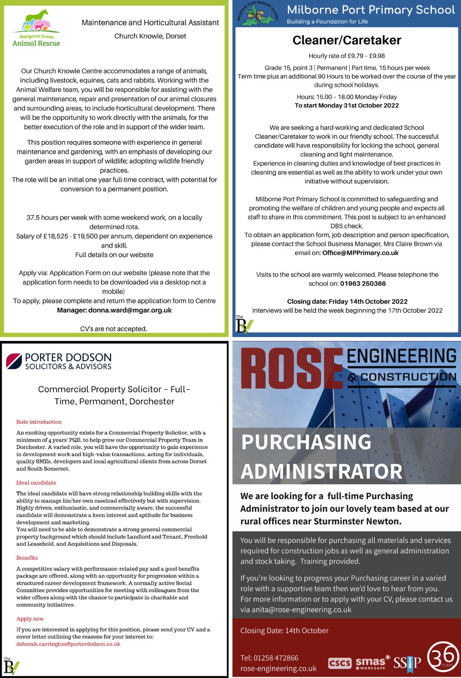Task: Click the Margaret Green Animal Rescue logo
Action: pos(36,28)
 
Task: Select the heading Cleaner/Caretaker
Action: pos(347,40)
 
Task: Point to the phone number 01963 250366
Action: pos(363,284)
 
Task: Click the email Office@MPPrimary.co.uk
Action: pos(361,253)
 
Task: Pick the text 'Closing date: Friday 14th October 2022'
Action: pos(347,302)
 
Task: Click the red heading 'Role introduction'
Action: pos(39,422)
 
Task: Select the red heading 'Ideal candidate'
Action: pos(36,483)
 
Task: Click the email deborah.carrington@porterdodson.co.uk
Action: pos(68,644)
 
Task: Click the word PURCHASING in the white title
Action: pos(306,442)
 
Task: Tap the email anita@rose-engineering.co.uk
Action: pos(296,609)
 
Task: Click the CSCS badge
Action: pos(340,663)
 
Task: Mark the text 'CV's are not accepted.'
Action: pos(114,329)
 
